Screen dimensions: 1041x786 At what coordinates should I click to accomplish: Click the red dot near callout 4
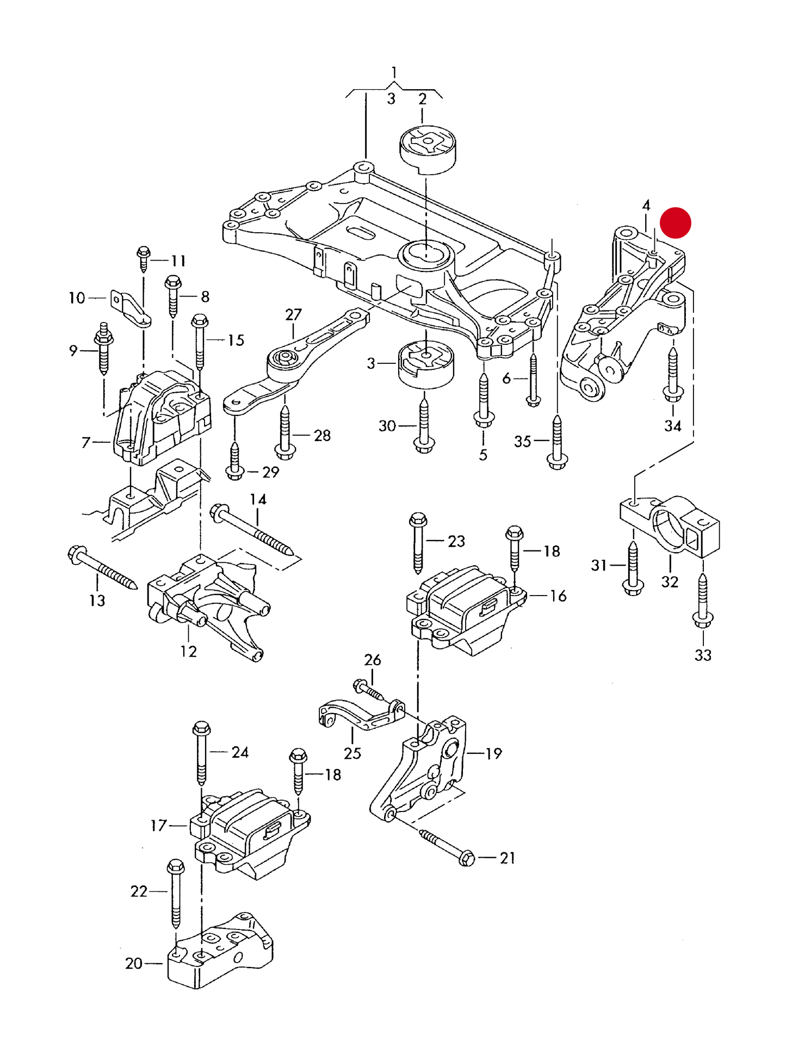click(x=675, y=223)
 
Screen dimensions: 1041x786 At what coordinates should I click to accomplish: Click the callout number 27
click(x=293, y=314)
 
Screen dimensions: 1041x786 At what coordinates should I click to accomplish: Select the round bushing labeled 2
click(x=428, y=148)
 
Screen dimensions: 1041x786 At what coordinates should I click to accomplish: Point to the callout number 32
click(x=670, y=582)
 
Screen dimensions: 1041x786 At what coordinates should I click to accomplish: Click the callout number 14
click(x=258, y=499)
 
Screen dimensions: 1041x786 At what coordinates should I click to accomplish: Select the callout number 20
click(x=134, y=963)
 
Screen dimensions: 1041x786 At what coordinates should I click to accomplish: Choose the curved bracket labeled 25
click(x=359, y=716)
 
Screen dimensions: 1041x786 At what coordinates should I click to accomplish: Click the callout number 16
click(x=558, y=596)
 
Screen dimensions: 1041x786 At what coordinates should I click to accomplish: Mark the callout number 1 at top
click(x=394, y=72)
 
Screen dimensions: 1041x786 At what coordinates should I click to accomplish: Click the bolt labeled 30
click(x=424, y=425)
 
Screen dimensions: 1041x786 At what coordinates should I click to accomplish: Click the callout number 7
click(x=85, y=443)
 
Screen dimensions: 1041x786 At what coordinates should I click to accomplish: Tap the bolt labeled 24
click(x=201, y=753)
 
